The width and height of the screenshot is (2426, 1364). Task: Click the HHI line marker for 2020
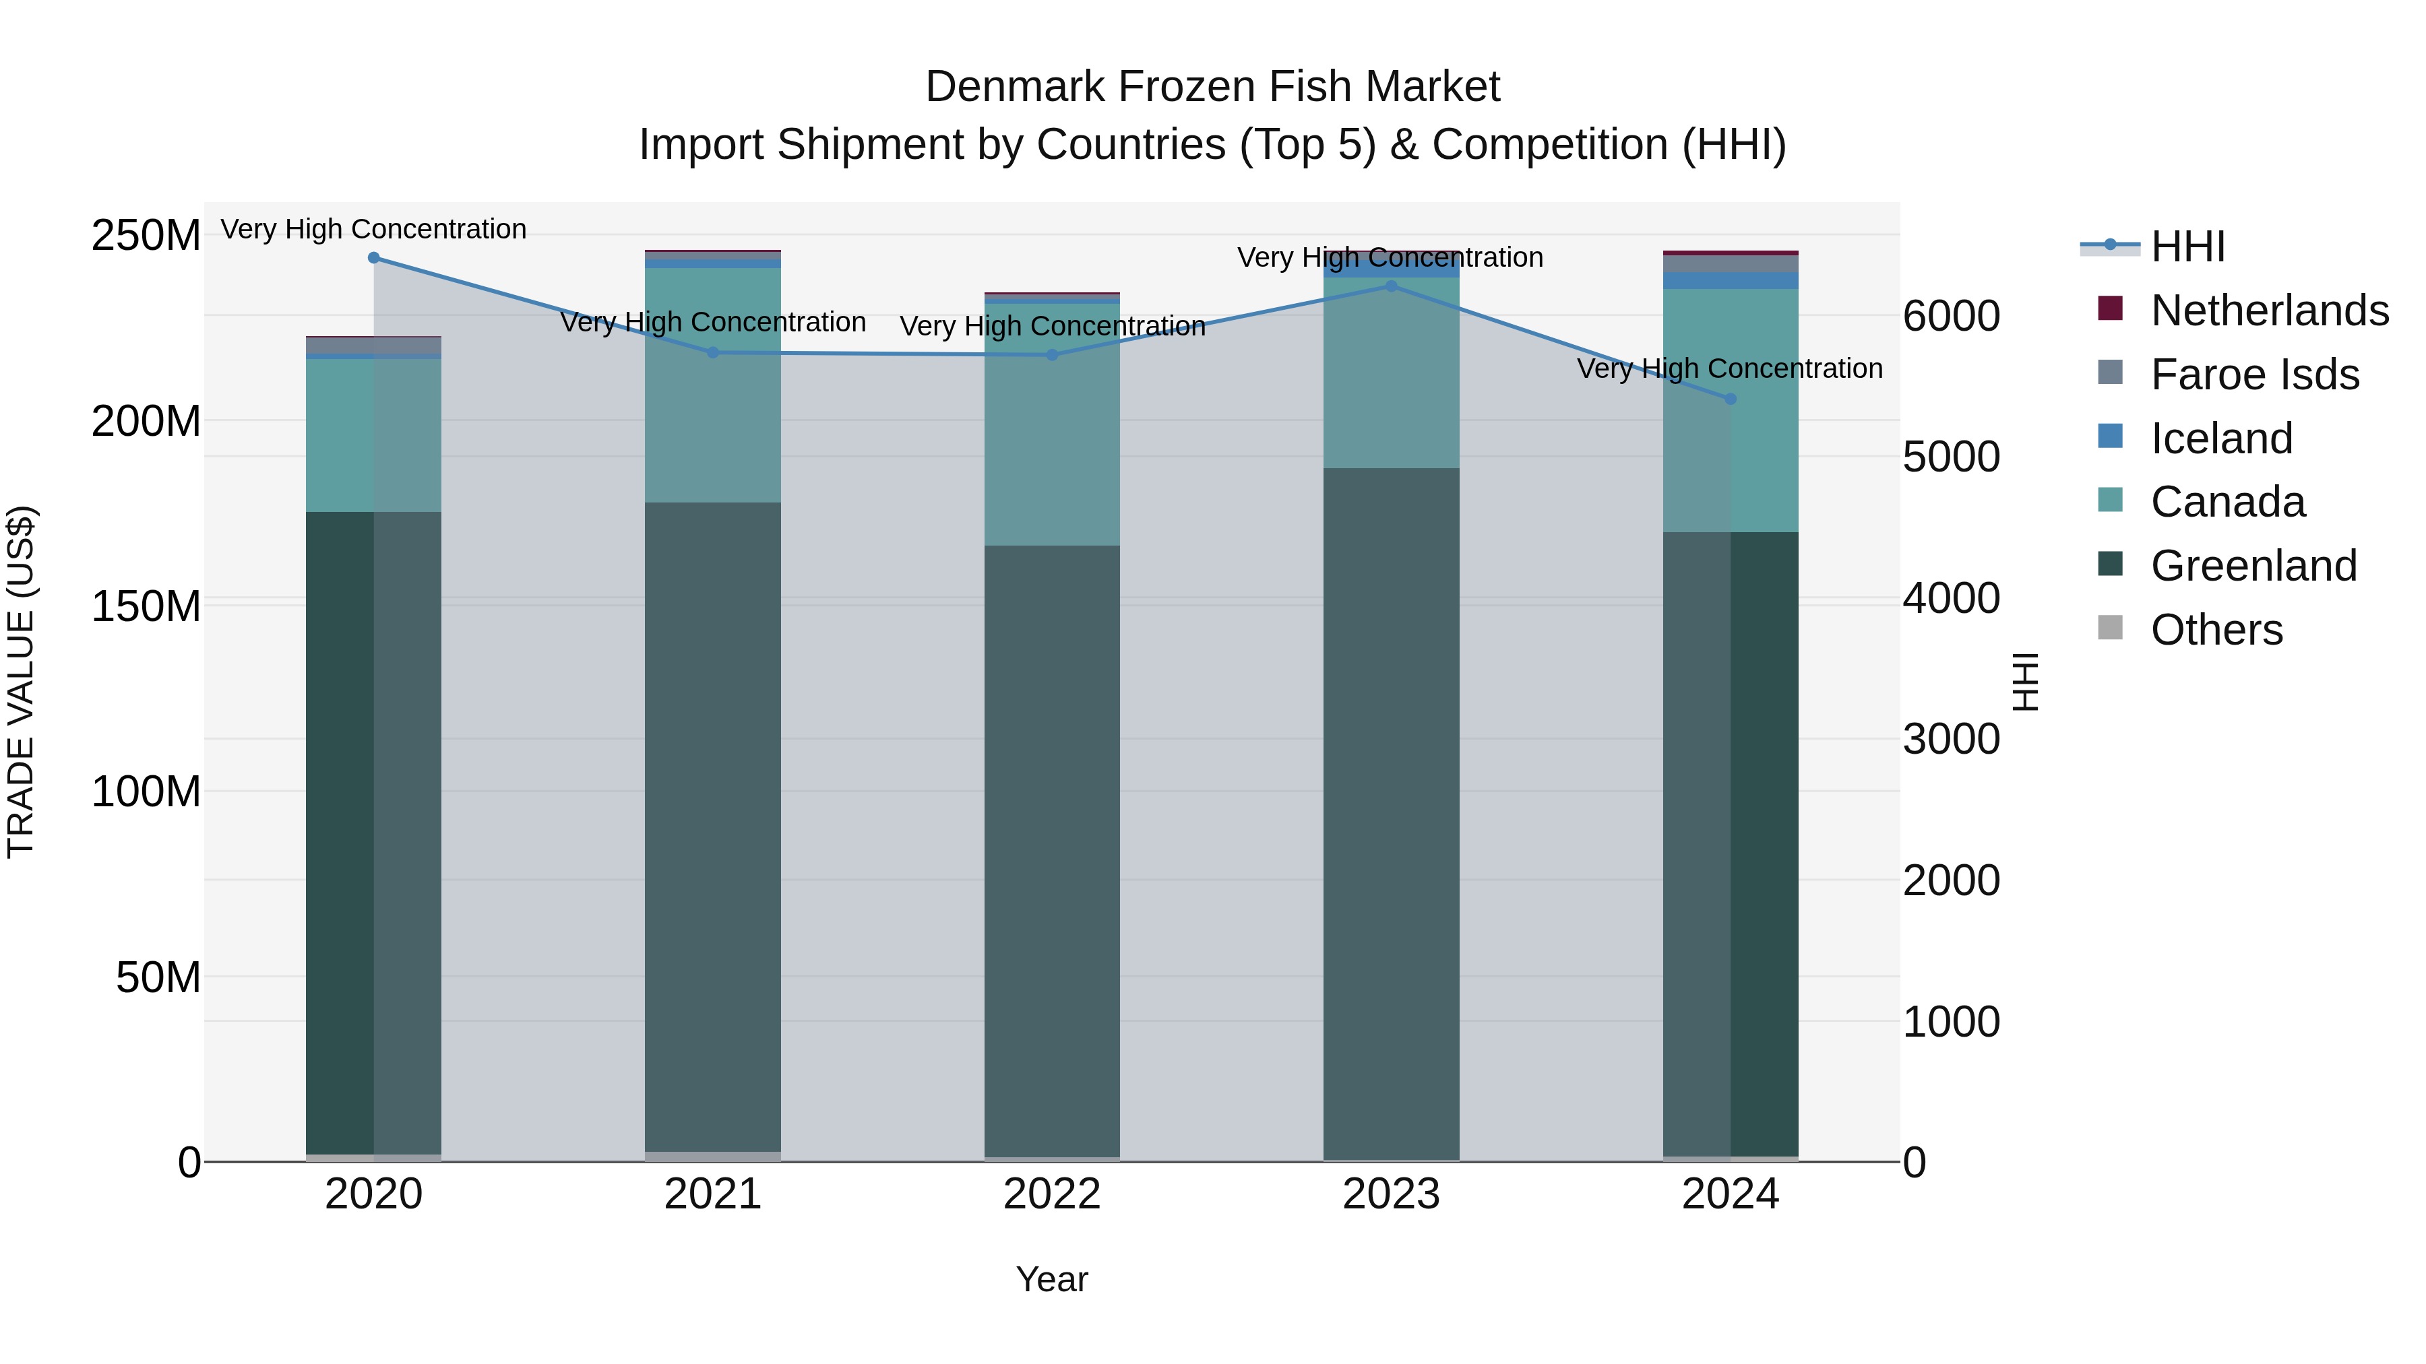374,258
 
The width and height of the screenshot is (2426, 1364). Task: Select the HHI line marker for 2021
713,353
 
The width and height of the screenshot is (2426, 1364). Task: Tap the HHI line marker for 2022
1052,355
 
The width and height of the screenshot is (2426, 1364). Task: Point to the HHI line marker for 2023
1391,286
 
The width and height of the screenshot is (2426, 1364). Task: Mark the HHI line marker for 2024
1730,399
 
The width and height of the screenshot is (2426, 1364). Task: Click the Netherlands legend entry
2270,311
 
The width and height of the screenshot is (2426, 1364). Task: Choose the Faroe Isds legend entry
2255,375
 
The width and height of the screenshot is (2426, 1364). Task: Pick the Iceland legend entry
2220,439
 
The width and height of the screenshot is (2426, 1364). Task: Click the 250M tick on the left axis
146,235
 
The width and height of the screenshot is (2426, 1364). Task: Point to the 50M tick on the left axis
158,978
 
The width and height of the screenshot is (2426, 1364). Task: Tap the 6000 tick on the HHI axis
1950,317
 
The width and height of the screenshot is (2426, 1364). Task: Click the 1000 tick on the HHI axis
1950,1022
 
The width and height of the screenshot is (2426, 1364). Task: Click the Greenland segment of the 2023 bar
1391,810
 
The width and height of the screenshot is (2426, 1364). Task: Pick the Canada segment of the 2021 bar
713,386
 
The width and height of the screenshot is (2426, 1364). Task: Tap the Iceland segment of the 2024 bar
1730,280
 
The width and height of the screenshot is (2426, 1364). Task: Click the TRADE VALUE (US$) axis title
21,682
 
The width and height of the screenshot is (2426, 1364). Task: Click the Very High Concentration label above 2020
374,230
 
